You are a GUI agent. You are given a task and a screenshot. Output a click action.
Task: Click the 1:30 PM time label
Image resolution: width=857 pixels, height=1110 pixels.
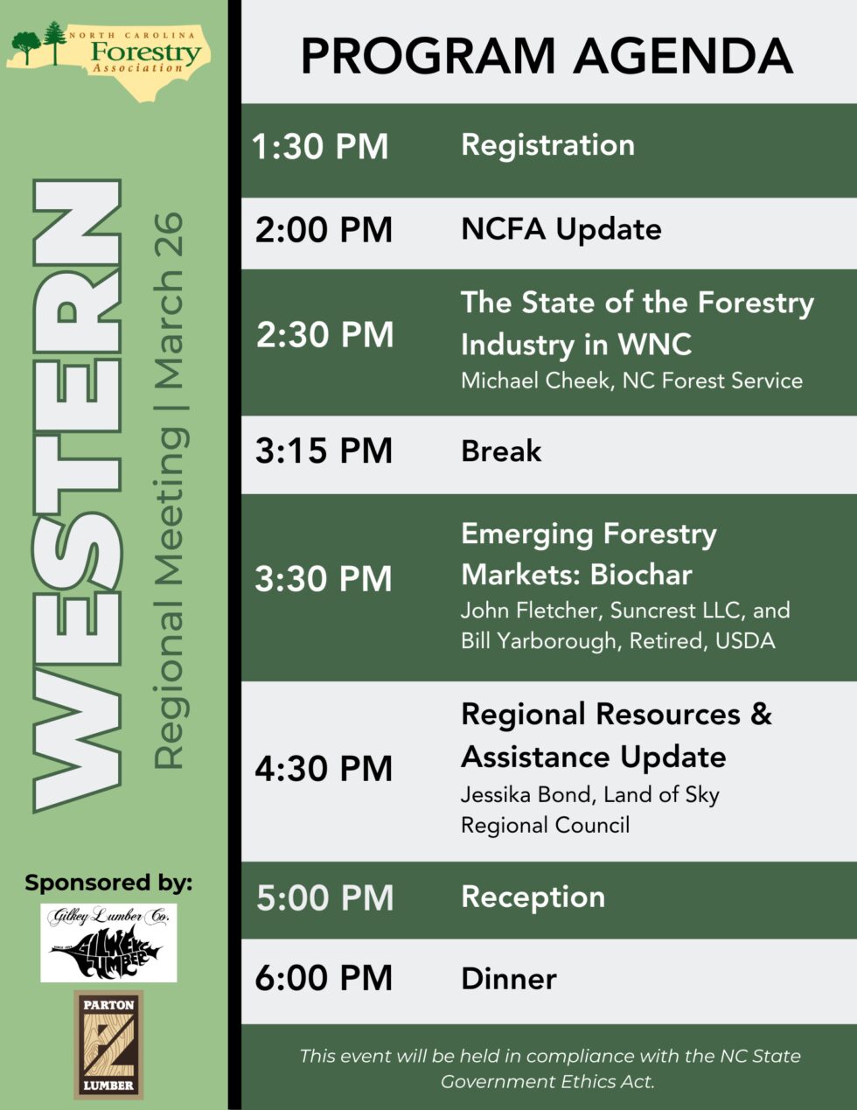tap(320, 147)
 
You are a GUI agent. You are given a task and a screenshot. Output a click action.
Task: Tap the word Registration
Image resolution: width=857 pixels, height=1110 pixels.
tap(547, 145)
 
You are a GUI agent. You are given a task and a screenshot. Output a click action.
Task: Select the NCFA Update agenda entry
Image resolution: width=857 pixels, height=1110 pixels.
tap(561, 229)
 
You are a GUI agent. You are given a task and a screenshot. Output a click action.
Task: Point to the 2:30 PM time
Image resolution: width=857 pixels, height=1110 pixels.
tap(324, 335)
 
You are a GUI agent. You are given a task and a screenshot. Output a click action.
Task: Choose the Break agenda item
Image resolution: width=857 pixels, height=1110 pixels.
tap(501, 451)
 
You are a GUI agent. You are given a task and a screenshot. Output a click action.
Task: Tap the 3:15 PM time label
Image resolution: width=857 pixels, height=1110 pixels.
tap(324, 451)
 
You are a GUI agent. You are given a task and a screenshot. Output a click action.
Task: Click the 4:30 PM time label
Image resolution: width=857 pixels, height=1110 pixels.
tap(324, 769)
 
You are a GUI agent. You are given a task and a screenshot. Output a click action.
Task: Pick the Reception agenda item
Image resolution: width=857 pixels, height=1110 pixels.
tap(533, 897)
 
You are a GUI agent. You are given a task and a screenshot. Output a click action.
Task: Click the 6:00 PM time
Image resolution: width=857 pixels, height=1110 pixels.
tap(324, 978)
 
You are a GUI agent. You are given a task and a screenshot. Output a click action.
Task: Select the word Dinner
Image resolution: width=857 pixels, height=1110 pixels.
tap(508, 978)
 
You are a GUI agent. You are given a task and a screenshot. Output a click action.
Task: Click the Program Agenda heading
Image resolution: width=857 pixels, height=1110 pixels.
tap(547, 55)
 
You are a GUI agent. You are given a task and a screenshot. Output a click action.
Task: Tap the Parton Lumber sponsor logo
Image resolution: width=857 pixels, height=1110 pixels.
tap(108, 1044)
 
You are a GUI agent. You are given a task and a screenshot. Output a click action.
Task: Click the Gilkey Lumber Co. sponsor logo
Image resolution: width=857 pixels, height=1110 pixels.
tap(108, 942)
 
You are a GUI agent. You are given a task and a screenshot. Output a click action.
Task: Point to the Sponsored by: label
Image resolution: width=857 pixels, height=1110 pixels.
tap(108, 883)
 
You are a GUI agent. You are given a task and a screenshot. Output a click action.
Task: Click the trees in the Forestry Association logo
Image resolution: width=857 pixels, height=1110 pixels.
tap(41, 44)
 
